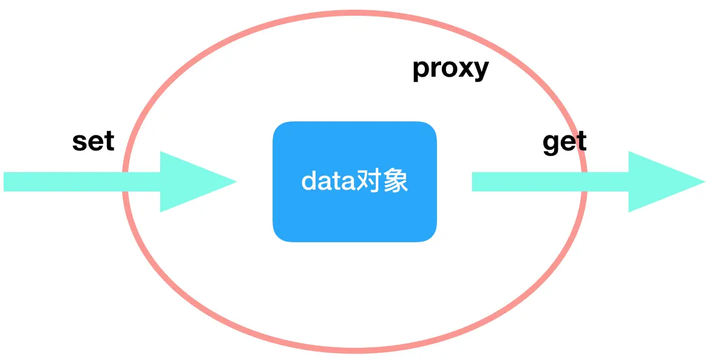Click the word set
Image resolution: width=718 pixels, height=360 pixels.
coord(93,141)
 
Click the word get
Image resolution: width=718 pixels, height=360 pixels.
coord(564,143)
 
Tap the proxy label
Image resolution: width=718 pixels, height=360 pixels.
coord(450,69)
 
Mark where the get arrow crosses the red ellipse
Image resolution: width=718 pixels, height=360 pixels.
coord(584,182)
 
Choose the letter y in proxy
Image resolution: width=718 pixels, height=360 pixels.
coord(481,71)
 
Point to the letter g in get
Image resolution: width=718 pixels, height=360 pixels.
coord(551,144)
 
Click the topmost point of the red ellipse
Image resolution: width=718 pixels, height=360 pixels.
coord(355,13)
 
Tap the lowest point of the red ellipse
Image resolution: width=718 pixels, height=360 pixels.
coord(355,350)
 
